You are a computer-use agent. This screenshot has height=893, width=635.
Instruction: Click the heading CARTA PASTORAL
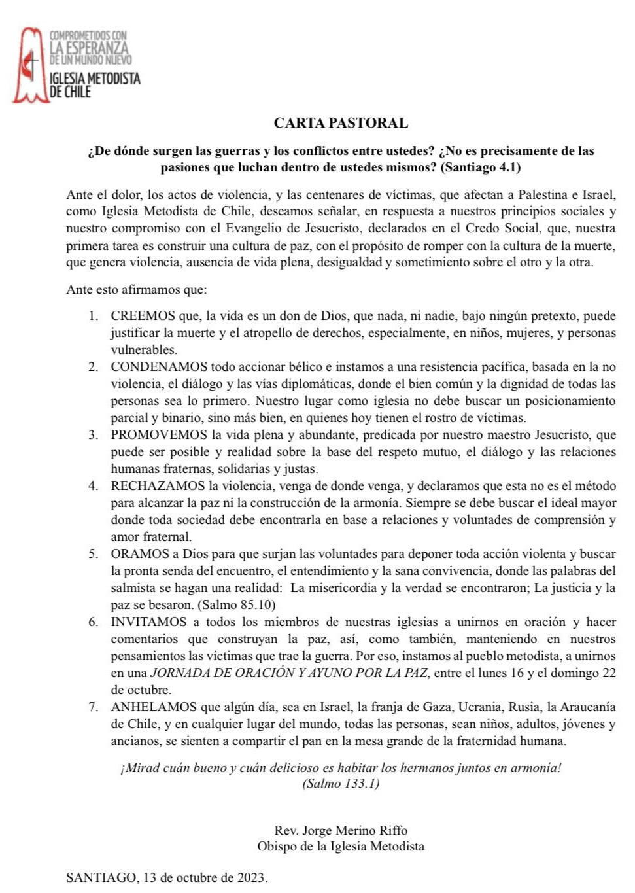tap(340, 123)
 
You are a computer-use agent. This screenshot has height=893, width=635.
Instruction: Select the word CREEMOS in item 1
tap(143, 316)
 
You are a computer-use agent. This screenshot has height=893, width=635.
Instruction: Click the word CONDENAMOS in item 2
tap(159, 367)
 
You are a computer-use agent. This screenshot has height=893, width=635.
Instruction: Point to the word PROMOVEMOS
tap(158, 435)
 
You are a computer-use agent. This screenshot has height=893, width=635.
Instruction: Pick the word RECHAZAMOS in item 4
tap(158, 486)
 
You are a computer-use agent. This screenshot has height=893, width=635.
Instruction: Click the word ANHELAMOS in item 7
tap(154, 707)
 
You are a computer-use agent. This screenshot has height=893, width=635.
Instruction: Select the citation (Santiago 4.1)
tap(481, 167)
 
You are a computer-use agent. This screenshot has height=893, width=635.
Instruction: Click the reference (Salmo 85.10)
tap(237, 605)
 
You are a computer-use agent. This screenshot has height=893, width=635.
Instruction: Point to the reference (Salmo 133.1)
tap(341, 784)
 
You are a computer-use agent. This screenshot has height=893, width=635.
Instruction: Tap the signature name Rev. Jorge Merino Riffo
tap(341, 831)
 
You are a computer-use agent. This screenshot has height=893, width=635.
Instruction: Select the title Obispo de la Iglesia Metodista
tap(341, 847)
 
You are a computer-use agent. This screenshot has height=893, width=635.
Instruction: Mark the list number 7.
tap(94, 707)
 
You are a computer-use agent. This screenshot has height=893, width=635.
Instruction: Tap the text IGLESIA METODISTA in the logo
tap(95, 79)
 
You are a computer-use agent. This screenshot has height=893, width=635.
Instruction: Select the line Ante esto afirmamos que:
tap(136, 290)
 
